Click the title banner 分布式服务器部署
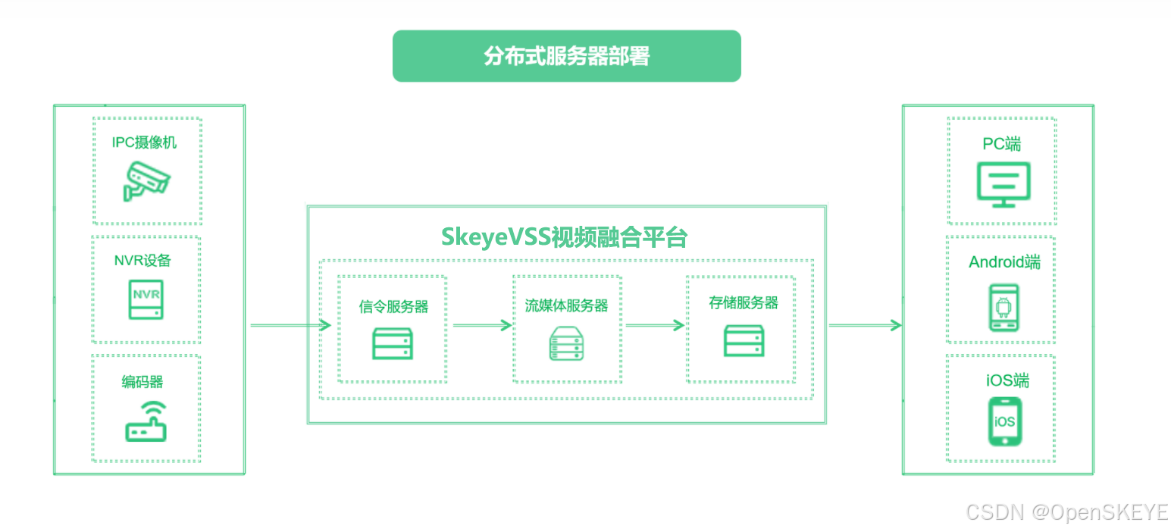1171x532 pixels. point(566,56)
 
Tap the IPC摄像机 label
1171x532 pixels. point(145,142)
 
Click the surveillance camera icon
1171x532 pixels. point(147,180)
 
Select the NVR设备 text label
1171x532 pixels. point(142,261)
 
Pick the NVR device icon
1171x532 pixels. point(144,299)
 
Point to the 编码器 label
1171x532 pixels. point(142,381)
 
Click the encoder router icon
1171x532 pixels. point(146,422)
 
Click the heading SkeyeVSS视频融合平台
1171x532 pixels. point(564,237)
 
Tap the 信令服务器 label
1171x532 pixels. point(393,306)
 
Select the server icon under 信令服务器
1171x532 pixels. point(393,343)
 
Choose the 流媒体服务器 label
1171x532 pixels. point(567,305)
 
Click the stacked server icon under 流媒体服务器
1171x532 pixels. point(567,343)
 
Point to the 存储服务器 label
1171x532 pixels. point(744,303)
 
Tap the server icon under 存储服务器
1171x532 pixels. point(744,341)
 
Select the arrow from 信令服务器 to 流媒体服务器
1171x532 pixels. point(481,326)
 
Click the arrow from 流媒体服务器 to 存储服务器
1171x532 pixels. point(656,326)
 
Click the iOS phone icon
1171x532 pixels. point(1004,421)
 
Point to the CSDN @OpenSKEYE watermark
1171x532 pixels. point(1067,512)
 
